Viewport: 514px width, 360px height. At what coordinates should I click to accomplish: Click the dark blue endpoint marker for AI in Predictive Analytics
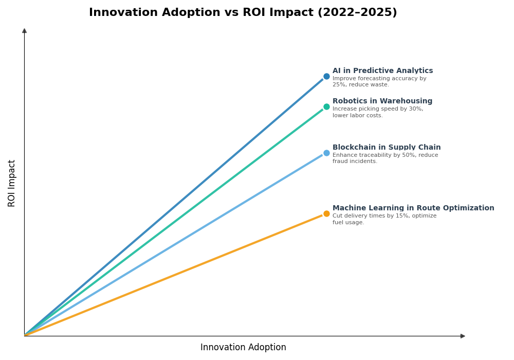tap(326, 77)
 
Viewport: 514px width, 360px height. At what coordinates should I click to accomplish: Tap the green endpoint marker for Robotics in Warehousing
tap(326, 107)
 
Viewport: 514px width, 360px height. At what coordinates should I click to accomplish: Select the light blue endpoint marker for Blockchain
tap(326, 153)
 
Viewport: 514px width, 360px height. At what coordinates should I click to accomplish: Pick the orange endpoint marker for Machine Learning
tap(326, 214)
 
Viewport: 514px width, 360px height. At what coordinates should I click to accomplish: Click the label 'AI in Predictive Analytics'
tap(382, 71)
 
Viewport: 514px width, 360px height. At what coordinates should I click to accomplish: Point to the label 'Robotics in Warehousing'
tap(382, 101)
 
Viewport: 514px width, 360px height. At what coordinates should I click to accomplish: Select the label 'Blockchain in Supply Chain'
tap(386, 148)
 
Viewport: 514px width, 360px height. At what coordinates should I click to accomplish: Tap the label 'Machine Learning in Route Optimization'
tap(413, 208)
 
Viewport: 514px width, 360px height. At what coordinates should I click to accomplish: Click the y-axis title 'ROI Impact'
tap(12, 183)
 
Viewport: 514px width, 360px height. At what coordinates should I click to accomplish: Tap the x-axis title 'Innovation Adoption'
tap(243, 348)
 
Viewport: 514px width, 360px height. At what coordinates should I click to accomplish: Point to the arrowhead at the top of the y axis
tap(24, 31)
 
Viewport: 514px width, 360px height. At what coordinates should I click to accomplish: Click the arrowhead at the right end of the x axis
tap(463, 336)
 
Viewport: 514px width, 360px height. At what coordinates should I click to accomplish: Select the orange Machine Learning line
tap(175, 275)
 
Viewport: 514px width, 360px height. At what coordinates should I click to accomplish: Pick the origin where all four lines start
tap(25, 335)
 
